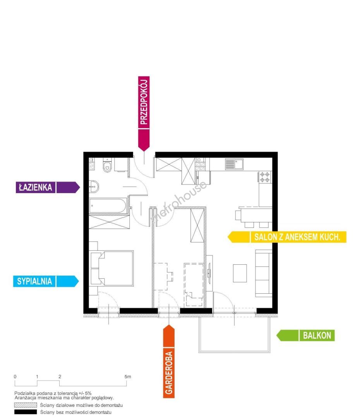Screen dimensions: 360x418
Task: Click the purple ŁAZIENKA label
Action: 48,187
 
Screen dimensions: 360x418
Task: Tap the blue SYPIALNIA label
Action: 46,281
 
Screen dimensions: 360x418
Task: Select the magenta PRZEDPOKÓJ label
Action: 144,113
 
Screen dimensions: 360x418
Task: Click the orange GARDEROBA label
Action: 169,361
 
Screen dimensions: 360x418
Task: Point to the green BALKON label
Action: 305,335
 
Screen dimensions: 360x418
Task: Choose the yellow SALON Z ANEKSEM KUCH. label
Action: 287,237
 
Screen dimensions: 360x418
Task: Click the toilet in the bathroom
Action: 107,165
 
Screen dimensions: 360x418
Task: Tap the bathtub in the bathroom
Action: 108,206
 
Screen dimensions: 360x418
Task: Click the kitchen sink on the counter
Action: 234,164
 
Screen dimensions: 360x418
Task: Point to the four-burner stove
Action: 265,177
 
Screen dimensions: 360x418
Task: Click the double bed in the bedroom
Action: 112,268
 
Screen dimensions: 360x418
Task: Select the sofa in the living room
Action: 264,273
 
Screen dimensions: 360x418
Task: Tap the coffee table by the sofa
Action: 240,273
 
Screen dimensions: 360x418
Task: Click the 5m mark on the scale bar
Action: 128,377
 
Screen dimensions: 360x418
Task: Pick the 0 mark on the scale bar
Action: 15,377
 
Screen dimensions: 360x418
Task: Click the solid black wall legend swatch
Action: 25,412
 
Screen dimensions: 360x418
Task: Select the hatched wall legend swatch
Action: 25,405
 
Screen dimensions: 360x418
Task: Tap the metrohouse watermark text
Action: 178,202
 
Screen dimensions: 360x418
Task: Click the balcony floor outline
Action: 235,351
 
